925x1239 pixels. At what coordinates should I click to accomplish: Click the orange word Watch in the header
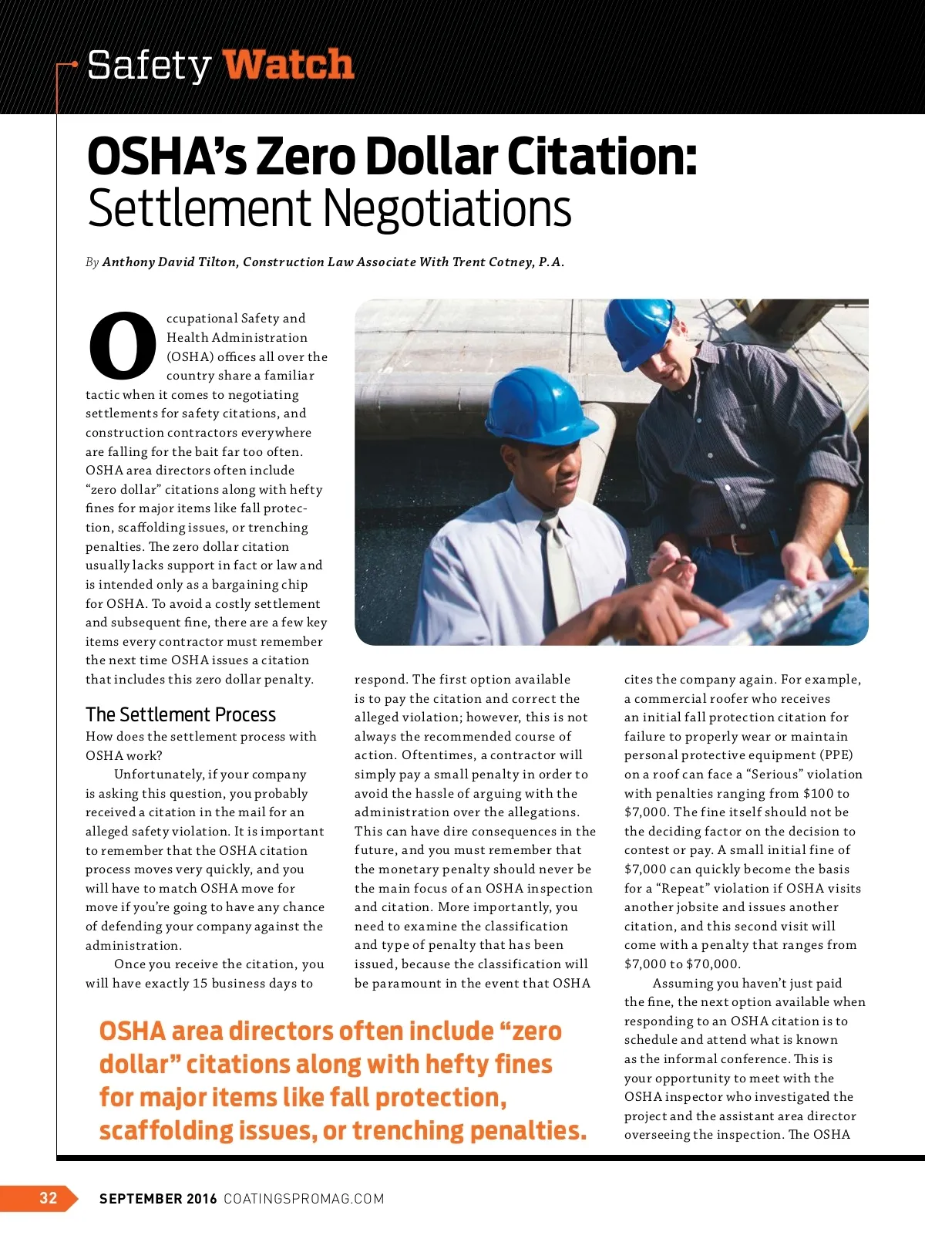[288, 65]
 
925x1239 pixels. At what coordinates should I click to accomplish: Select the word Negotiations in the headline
[446, 208]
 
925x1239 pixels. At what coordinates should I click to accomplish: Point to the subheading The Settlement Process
[180, 714]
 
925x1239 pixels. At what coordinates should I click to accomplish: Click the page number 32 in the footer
[48, 1197]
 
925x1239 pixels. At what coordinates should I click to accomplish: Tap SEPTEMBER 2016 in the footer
[158, 1199]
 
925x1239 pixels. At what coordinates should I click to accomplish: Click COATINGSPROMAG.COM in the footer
[304, 1199]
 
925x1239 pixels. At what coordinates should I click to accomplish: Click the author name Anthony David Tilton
[170, 262]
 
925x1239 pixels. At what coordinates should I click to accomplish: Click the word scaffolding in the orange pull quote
[167, 1131]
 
